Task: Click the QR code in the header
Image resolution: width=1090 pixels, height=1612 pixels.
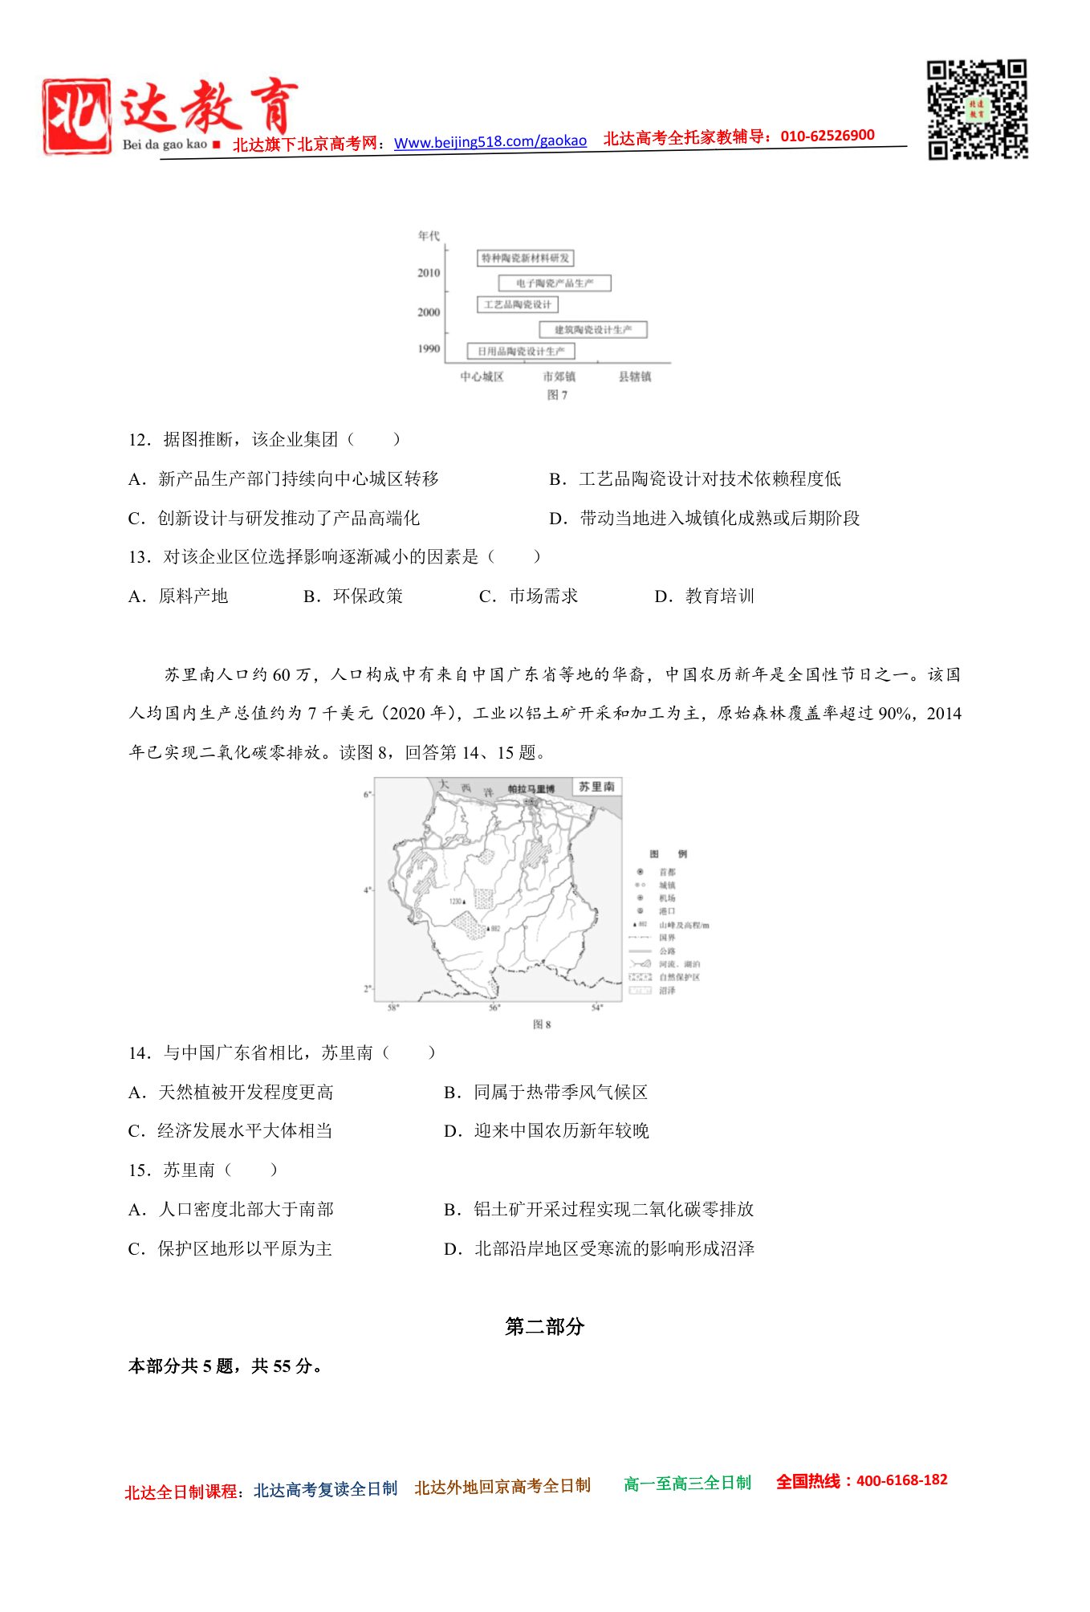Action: pyautogui.click(x=977, y=109)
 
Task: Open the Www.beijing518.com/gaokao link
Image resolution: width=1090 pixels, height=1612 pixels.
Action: pyautogui.click(x=490, y=142)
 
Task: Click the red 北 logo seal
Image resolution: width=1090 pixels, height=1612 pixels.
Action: pyautogui.click(x=77, y=116)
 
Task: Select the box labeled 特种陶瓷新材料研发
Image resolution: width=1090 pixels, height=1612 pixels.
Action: pyautogui.click(x=525, y=258)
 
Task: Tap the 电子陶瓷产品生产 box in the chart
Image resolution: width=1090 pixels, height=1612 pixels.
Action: pyautogui.click(x=554, y=283)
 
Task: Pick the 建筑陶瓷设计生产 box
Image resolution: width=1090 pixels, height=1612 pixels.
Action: pyautogui.click(x=592, y=330)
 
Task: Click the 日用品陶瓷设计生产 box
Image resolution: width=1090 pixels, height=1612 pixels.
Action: pyautogui.click(x=521, y=352)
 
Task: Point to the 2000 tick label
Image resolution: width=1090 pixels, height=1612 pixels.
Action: pyautogui.click(x=429, y=312)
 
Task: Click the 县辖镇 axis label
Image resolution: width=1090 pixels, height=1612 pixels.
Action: pyautogui.click(x=634, y=377)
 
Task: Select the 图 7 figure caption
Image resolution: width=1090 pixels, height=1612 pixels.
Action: pyautogui.click(x=557, y=395)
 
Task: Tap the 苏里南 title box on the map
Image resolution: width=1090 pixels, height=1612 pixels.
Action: pyautogui.click(x=596, y=787)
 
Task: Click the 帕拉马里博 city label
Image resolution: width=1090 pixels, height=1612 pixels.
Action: pyautogui.click(x=531, y=789)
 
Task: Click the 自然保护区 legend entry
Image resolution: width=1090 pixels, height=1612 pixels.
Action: pyautogui.click(x=679, y=977)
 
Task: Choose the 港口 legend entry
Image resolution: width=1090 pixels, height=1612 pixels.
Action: pyautogui.click(x=667, y=911)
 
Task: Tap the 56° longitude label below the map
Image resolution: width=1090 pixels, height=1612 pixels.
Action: pyautogui.click(x=494, y=1007)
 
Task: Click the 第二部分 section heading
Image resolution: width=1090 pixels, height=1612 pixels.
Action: pyautogui.click(x=544, y=1327)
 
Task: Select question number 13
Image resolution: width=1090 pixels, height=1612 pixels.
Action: pyautogui.click(x=139, y=557)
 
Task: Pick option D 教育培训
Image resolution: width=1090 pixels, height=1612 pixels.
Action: pyautogui.click(x=705, y=596)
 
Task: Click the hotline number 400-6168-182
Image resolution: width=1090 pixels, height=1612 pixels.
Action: pyautogui.click(x=901, y=1480)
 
